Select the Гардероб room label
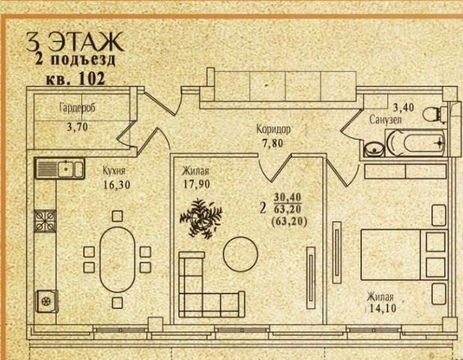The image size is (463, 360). (77, 108)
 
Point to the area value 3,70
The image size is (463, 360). (77, 127)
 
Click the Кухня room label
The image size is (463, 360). (114, 169)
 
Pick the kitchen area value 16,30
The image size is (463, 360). (116, 182)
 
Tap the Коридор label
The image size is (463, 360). (272, 130)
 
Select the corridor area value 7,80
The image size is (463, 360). (272, 144)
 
